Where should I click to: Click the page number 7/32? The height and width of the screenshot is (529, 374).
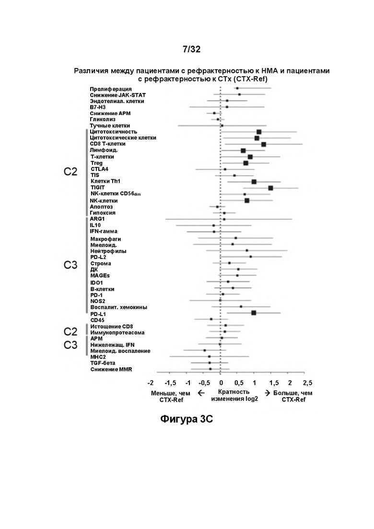[191, 49]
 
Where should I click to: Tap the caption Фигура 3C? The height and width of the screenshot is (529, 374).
[187, 419]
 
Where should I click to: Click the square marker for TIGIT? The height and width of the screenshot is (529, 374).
[270, 188]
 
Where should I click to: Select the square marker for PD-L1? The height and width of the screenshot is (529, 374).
[254, 313]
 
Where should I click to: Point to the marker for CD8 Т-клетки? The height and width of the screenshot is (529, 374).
[263, 144]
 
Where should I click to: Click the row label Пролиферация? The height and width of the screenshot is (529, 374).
[111, 89]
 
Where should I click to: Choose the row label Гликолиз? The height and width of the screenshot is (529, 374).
[103, 119]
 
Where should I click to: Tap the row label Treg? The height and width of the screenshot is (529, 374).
[96, 163]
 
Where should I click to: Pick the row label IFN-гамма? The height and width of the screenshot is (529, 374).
[104, 232]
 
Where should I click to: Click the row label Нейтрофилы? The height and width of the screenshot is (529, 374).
[108, 251]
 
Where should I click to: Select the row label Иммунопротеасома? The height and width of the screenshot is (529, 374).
[117, 333]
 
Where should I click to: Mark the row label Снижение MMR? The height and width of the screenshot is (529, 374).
[111, 369]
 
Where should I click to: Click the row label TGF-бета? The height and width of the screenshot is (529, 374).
[103, 364]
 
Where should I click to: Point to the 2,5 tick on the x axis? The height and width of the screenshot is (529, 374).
[307, 383]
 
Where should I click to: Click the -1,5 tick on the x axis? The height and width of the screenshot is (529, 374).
[170, 383]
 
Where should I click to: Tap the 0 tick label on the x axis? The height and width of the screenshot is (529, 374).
[221, 383]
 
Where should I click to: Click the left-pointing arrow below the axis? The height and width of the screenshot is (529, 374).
[201, 393]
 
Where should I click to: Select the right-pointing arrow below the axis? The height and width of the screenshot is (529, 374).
[268, 393]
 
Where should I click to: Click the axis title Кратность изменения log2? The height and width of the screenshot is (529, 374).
[234, 395]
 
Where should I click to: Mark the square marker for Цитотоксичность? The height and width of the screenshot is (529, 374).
[258, 132]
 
